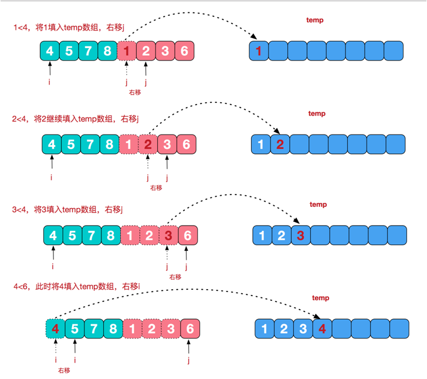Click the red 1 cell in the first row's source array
pyautogui.click(x=126, y=51)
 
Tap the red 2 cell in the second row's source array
pyautogui.click(x=148, y=144)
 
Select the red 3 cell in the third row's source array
pyautogui.click(x=168, y=236)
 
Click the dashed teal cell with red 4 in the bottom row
pyautogui.click(x=55, y=328)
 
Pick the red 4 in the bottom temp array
pyautogui.click(x=321, y=328)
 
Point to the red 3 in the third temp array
pyautogui.click(x=300, y=236)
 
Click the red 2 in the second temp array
pyautogui.click(x=280, y=145)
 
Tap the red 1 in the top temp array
pyautogui.click(x=259, y=52)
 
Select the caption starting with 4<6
pyautogui.click(x=77, y=286)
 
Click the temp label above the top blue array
pyautogui.click(x=315, y=20)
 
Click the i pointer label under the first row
pyautogui.click(x=49, y=82)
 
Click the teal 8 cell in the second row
pyautogui.click(x=110, y=144)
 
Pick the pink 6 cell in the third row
pyautogui.click(x=188, y=236)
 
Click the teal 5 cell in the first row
pyautogui.click(x=69, y=51)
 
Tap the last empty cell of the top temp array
pyautogui.click(x=393, y=52)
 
